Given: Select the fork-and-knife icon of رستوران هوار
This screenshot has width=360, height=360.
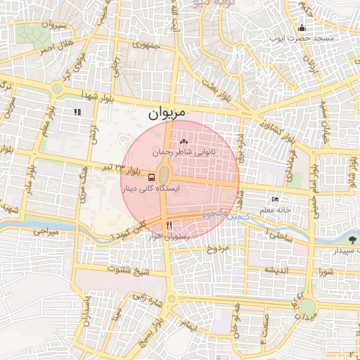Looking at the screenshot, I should [x=169, y=226].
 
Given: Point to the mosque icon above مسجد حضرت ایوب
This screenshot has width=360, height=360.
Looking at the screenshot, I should [x=302, y=27].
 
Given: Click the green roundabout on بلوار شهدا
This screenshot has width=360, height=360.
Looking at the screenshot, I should [x=56, y=89].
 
